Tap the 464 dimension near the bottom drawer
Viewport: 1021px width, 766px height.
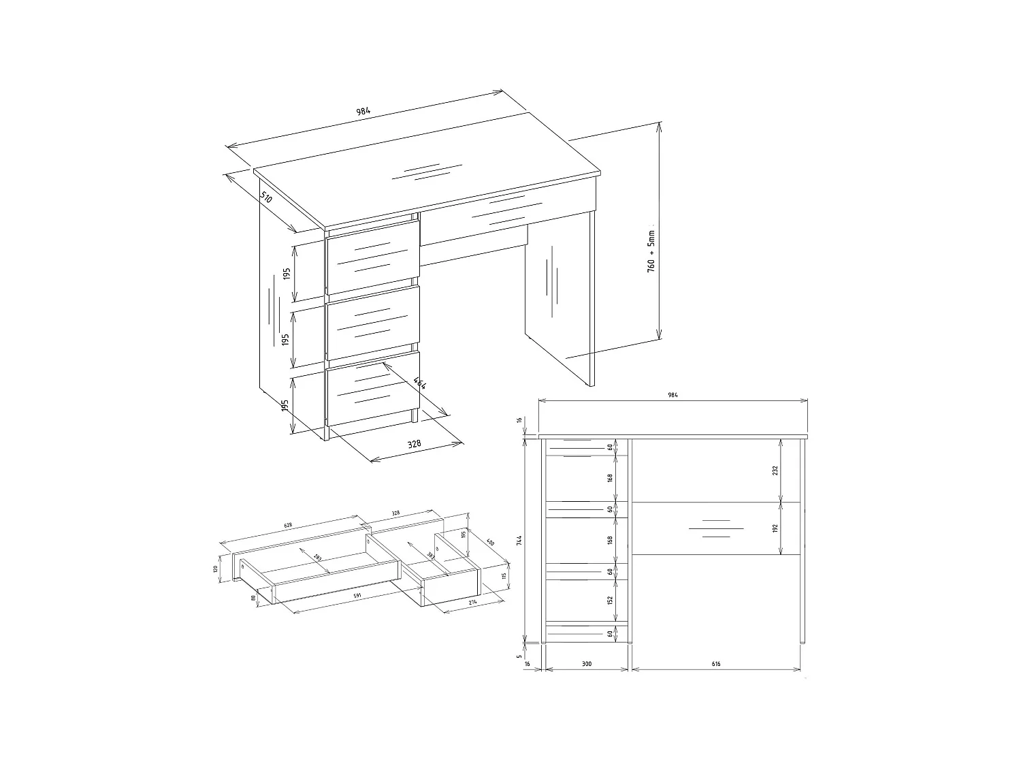point(420,385)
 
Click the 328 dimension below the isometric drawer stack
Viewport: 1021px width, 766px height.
point(414,444)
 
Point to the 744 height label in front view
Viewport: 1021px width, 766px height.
point(520,541)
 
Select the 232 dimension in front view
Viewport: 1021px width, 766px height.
point(776,470)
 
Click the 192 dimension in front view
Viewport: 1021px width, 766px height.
point(776,529)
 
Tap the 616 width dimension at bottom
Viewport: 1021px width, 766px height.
point(715,663)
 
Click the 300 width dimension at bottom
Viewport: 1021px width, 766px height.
point(586,663)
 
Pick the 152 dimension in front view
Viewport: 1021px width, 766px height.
point(611,601)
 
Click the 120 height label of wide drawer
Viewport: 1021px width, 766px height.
point(215,569)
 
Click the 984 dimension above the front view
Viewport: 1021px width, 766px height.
point(672,395)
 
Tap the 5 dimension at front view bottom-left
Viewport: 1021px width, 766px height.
point(520,657)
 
